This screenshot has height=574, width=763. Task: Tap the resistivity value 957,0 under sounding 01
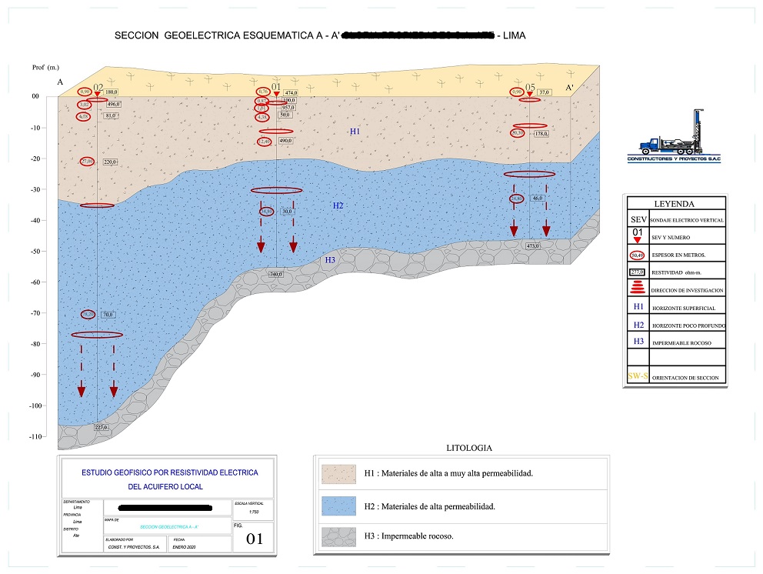[x=289, y=108]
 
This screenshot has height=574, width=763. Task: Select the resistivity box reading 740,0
[x=276, y=274]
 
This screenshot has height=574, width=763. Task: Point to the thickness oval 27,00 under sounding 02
[x=88, y=162]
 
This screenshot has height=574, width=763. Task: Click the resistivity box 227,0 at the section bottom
[x=101, y=427]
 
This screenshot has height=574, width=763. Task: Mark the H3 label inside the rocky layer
[x=330, y=259]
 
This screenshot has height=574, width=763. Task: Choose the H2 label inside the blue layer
[x=338, y=205]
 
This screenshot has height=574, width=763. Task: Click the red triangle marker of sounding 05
[x=530, y=94]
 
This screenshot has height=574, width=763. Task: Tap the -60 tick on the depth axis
[x=34, y=282]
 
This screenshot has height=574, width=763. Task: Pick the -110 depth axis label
[x=34, y=436]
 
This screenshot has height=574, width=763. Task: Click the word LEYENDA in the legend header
[x=674, y=204]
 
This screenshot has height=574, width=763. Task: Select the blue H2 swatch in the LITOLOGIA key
[x=338, y=506]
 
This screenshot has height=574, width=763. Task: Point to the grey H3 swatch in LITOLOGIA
[x=338, y=536]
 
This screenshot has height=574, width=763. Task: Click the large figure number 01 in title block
[x=255, y=539]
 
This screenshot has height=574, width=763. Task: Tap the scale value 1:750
[x=245, y=512]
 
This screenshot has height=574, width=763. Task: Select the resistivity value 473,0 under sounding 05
[x=531, y=246]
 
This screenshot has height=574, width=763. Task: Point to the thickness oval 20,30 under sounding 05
[x=518, y=133]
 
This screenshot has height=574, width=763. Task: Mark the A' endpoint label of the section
[x=571, y=88]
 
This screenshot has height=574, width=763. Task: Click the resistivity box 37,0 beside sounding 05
[x=545, y=92]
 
